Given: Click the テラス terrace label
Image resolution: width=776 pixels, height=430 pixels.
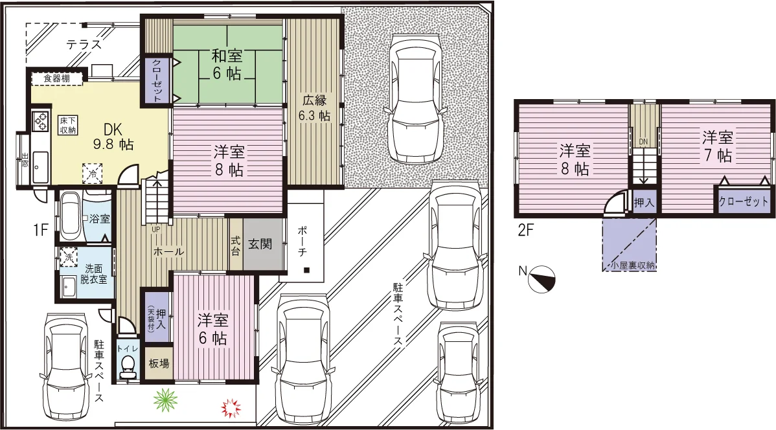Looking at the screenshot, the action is click(84, 45).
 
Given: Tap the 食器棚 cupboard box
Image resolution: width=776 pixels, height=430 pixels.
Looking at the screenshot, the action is click(57, 78).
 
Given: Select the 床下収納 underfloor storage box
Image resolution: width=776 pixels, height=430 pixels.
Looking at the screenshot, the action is click(68, 125).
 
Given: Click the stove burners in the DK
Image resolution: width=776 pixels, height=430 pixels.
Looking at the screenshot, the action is click(40, 120).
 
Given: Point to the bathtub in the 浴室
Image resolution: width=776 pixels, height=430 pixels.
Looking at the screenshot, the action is click(69, 217).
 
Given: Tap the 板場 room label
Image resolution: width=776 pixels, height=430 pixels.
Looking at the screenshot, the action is click(159, 363).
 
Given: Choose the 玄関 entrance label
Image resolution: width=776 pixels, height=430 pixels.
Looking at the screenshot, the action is click(260, 243).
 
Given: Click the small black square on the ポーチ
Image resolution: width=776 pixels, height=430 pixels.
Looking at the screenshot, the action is click(307, 270).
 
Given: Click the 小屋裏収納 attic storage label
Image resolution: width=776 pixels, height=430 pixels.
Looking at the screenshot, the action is click(632, 266).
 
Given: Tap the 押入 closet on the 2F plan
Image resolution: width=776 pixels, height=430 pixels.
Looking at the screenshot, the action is click(644, 202).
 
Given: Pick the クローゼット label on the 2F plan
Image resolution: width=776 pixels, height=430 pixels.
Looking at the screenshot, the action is click(744, 201).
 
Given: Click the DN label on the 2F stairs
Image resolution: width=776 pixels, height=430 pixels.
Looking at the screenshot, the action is click(643, 142).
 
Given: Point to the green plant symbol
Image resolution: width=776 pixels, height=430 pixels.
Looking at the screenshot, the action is click(165, 400).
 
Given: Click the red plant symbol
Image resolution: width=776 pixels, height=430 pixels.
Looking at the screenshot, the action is click(231, 408).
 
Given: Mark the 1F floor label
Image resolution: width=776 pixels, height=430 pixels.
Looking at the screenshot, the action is click(41, 230).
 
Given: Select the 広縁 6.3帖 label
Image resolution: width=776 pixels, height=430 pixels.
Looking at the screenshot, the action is click(314, 108).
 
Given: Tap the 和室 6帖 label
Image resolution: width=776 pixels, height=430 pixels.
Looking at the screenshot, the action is click(227, 64).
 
